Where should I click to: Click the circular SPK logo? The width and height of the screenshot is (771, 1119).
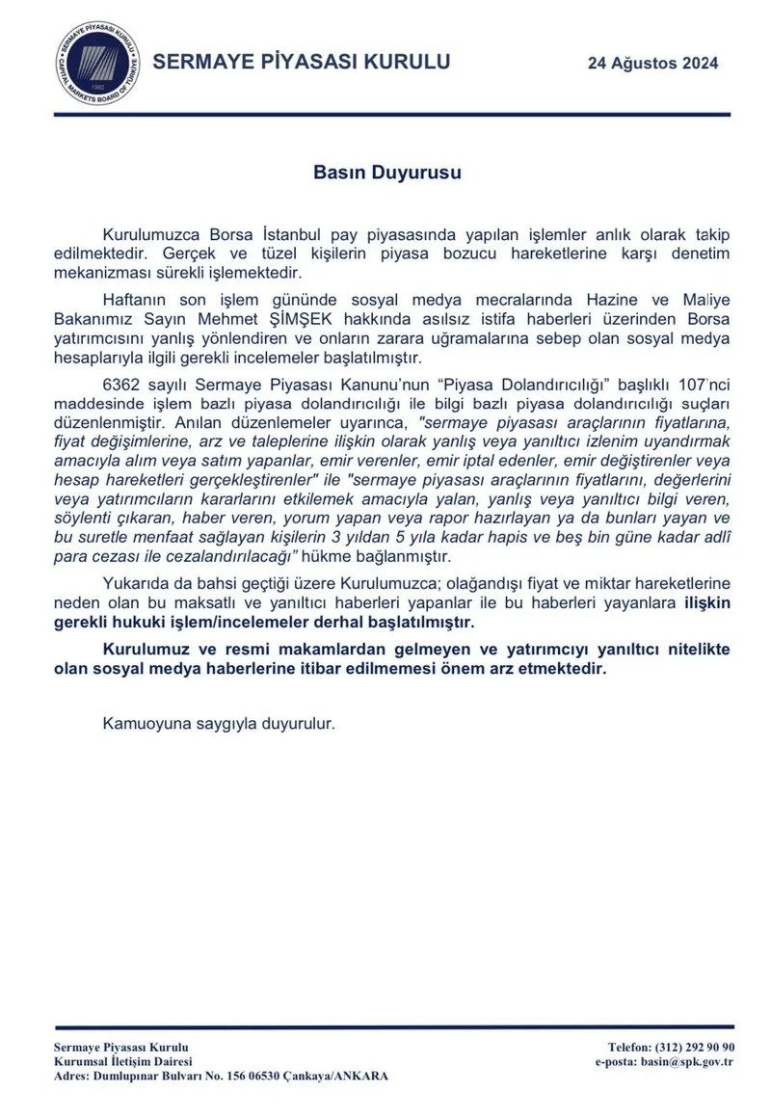coord(93,65)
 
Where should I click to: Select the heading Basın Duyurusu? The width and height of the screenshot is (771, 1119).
coord(387,173)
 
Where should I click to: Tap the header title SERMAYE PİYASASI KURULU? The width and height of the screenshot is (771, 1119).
coord(303,64)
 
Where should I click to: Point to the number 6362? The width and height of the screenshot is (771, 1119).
coord(122,383)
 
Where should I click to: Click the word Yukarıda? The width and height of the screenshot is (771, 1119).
coord(140,586)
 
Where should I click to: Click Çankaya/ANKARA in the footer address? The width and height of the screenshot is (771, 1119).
coord(332,1076)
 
